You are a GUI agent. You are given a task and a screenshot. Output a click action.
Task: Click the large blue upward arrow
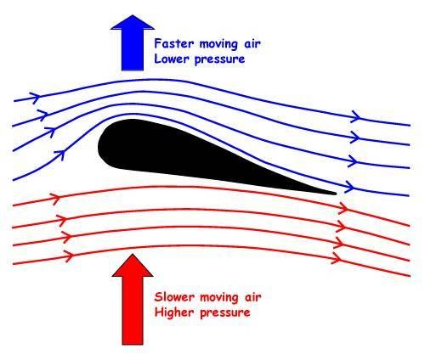(133, 42)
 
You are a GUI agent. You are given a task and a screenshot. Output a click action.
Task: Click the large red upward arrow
(133, 300)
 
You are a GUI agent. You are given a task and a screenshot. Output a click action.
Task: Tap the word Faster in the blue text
(174, 43)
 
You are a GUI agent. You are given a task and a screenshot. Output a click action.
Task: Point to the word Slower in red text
(174, 297)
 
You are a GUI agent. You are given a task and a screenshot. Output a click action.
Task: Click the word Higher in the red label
(174, 313)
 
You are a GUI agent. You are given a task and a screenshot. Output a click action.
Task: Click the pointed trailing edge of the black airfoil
(336, 194)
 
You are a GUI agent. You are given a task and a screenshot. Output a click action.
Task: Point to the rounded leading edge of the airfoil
(99, 146)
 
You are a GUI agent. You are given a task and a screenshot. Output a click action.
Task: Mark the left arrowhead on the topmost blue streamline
(36, 97)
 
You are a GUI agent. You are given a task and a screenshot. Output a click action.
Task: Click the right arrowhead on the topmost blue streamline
(355, 116)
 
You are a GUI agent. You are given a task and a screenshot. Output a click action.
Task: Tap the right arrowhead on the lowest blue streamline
(350, 187)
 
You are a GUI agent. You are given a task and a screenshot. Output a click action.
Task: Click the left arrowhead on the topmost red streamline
(55, 197)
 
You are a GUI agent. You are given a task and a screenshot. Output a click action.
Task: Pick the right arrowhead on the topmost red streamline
(343, 209)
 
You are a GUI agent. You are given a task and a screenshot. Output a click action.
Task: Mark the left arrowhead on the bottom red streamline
(69, 256)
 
